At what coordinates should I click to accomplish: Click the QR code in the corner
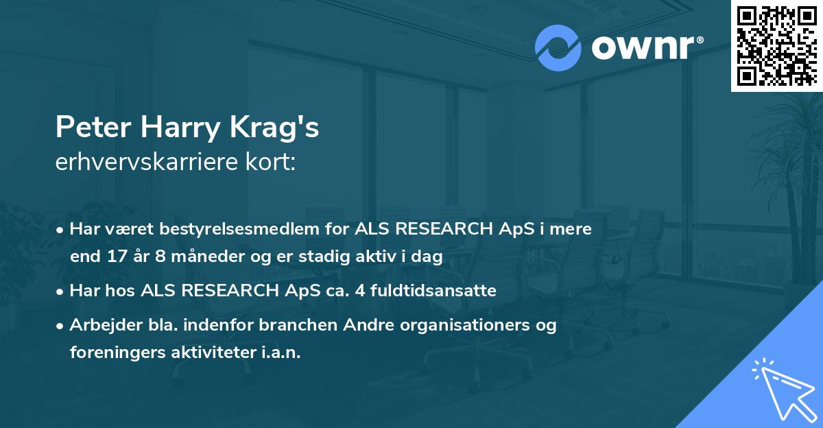click(x=776, y=46)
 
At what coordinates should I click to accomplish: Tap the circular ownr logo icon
click(x=558, y=48)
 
